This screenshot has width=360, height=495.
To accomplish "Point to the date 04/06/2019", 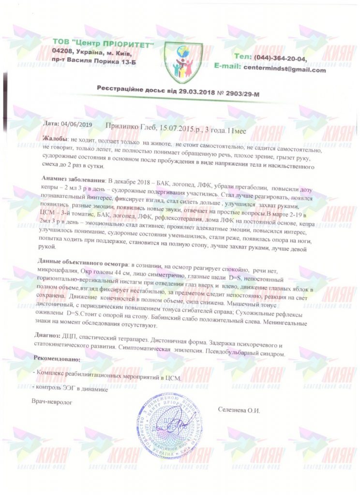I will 76,124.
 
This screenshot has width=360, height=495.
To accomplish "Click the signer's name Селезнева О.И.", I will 239,410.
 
